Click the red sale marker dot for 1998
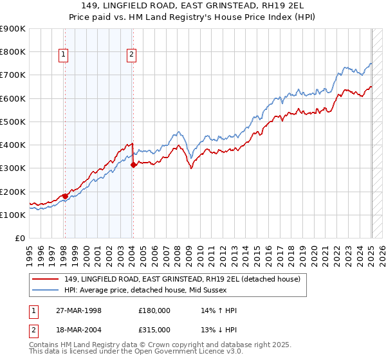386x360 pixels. tap(65, 196)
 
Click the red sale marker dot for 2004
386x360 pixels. tap(133, 165)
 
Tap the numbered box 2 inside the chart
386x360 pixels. tap(131, 55)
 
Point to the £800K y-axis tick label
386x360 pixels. tap(13, 52)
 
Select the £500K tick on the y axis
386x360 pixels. tap(13, 122)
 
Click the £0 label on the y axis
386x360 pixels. tap(20, 239)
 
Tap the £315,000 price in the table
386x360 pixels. tap(154, 329)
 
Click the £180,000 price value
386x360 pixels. tap(154, 310)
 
